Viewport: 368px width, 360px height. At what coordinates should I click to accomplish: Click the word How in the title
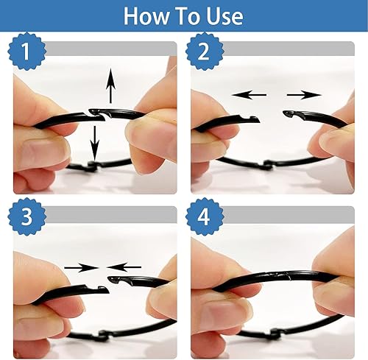pyautogui.click(x=146, y=16)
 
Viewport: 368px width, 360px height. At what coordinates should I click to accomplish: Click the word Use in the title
pyautogui.click(x=224, y=16)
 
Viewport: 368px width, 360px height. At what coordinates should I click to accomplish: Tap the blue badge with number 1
pyautogui.click(x=27, y=51)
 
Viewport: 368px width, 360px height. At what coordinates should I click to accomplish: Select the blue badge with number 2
pyautogui.click(x=205, y=51)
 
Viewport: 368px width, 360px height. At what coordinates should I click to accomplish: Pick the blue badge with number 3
pyautogui.click(x=27, y=216)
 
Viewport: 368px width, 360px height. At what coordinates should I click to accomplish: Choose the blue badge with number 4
pyautogui.click(x=205, y=216)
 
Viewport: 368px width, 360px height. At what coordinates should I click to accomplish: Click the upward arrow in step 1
pyautogui.click(x=110, y=85)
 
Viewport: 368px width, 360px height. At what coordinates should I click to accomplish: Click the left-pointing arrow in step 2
pyautogui.click(x=249, y=95)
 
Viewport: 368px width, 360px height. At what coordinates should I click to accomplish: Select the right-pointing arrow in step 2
pyautogui.click(x=304, y=95)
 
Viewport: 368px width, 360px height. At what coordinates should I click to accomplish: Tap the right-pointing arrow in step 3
pyautogui.click(x=82, y=267)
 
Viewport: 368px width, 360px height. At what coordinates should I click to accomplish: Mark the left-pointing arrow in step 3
pyautogui.click(x=124, y=267)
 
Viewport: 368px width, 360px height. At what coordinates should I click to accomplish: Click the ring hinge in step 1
pyautogui.click(x=91, y=166)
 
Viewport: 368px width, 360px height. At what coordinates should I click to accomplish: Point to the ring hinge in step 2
pyautogui.click(x=268, y=165)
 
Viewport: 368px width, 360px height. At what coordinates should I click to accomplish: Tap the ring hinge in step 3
pyautogui.click(x=103, y=336)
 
